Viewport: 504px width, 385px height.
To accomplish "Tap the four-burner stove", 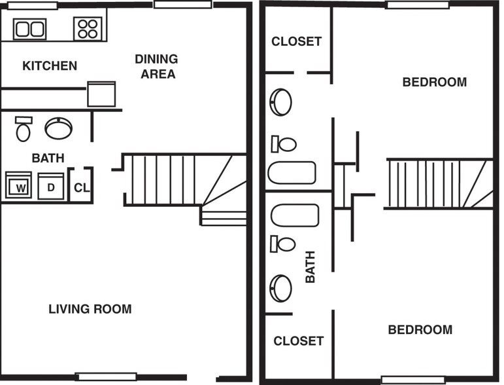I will click(x=88, y=28).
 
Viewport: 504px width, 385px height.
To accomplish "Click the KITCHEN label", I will click(x=50, y=66).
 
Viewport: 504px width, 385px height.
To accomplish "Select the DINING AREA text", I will click(x=156, y=66).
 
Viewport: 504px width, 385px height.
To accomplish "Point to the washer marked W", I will click(x=20, y=186).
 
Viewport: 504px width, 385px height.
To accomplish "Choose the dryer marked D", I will click(x=50, y=186).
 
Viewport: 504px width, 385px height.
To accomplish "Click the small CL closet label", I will click(x=81, y=188).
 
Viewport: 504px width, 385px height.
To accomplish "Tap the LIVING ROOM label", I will click(x=90, y=309).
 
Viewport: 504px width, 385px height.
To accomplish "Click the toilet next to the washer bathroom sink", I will click(x=24, y=130).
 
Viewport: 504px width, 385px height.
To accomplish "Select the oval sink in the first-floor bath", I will click(x=59, y=128).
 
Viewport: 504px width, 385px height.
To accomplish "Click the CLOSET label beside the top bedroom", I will click(x=297, y=41).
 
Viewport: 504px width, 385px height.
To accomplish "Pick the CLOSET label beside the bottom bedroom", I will click(x=298, y=341).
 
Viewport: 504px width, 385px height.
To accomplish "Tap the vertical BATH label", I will click(x=310, y=266).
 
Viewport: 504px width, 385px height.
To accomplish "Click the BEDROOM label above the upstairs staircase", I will click(x=434, y=82).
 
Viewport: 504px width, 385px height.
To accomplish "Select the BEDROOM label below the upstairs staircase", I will click(x=420, y=329).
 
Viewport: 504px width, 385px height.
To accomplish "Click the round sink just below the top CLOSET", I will click(x=281, y=102).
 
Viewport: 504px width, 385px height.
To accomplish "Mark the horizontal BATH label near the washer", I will click(x=48, y=158).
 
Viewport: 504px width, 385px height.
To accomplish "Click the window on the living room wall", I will click(x=106, y=376).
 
